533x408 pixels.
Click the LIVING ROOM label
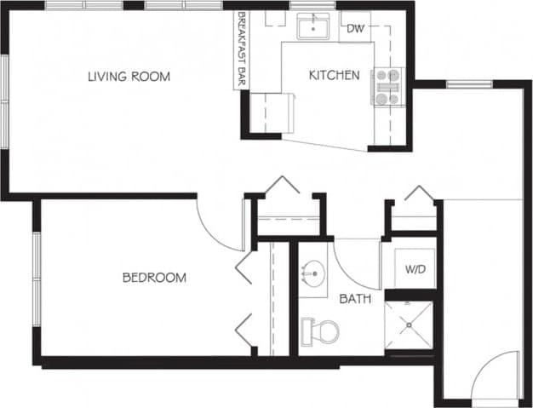click(129, 77)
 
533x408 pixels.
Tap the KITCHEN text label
click(333, 75)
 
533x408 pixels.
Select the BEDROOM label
click(154, 278)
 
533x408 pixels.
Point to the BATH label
click(354, 299)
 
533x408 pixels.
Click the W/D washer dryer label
click(415, 270)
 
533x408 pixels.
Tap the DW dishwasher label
click(355, 29)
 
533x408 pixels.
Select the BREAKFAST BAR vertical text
click(241, 49)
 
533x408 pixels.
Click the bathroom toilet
click(320, 329)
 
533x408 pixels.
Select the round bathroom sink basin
click(315, 274)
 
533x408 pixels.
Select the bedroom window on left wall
click(36, 278)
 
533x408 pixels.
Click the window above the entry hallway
click(466, 83)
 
